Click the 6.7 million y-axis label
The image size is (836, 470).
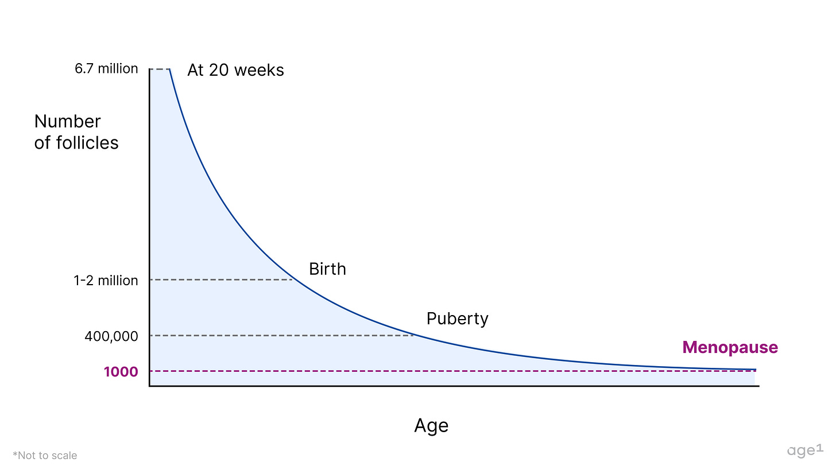(x=106, y=69)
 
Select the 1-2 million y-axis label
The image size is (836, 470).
(x=106, y=281)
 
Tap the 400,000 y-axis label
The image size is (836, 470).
(x=111, y=336)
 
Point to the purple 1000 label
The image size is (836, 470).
(x=121, y=372)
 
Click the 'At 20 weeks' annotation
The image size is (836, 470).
(x=235, y=70)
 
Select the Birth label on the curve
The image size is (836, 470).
(x=327, y=269)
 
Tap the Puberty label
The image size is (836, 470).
(x=457, y=318)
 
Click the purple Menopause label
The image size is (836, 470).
(x=730, y=347)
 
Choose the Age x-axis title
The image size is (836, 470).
(x=431, y=426)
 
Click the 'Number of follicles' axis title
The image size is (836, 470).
(x=76, y=132)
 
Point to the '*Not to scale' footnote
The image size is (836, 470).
(x=45, y=456)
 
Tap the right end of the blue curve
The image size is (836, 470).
(x=755, y=370)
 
